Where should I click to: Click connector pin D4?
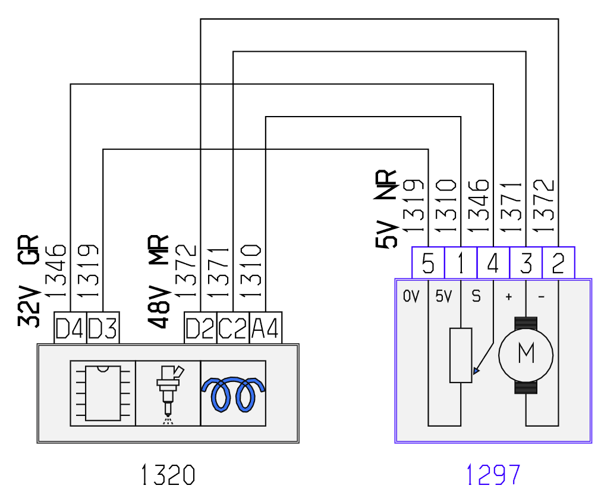[x=70, y=328]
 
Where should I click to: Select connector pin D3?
[x=103, y=328]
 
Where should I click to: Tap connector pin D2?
[x=200, y=328]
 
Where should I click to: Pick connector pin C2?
[x=233, y=328]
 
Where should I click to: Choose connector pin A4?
[x=266, y=328]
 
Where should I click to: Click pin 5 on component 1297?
[x=428, y=263]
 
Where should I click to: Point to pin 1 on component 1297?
[x=461, y=263]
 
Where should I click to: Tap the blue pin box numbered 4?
[x=493, y=263]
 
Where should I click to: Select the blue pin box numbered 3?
[x=526, y=263]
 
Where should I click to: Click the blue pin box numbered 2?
[x=558, y=263]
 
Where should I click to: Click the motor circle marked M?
[x=526, y=355]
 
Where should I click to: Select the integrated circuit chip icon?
[x=103, y=393]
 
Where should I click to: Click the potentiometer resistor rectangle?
[x=461, y=355]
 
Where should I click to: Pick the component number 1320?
[x=168, y=475]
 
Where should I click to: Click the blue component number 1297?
[x=493, y=475]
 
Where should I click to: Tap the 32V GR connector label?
[x=29, y=281]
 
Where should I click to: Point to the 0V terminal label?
[x=411, y=296]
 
